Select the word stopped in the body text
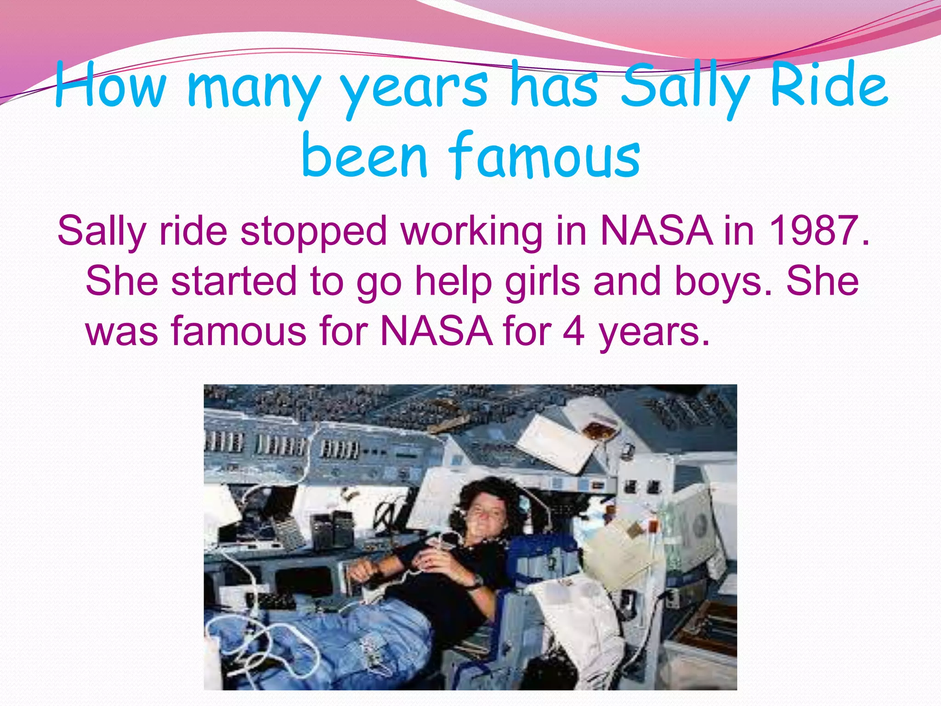(x=314, y=232)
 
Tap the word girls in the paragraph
(x=543, y=281)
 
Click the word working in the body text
(x=471, y=232)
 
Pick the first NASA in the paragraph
(x=657, y=231)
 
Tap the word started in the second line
(x=234, y=281)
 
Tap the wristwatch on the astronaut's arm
(x=475, y=583)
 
